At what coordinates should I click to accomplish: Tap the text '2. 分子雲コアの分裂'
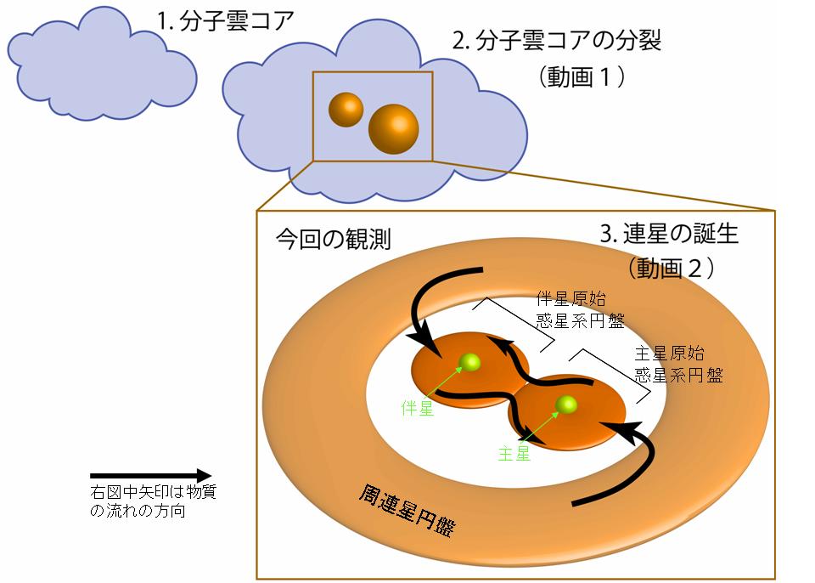tap(556, 42)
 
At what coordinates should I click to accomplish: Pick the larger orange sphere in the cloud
tap(393, 129)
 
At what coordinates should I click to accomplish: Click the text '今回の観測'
tap(333, 241)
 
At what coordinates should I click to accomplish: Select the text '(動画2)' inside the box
tap(670, 269)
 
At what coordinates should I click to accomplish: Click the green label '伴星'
tap(417, 408)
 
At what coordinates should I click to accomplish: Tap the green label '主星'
tap(514, 453)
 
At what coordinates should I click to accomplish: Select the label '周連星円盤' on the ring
tap(406, 508)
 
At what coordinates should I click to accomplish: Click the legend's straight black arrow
tap(149, 476)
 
